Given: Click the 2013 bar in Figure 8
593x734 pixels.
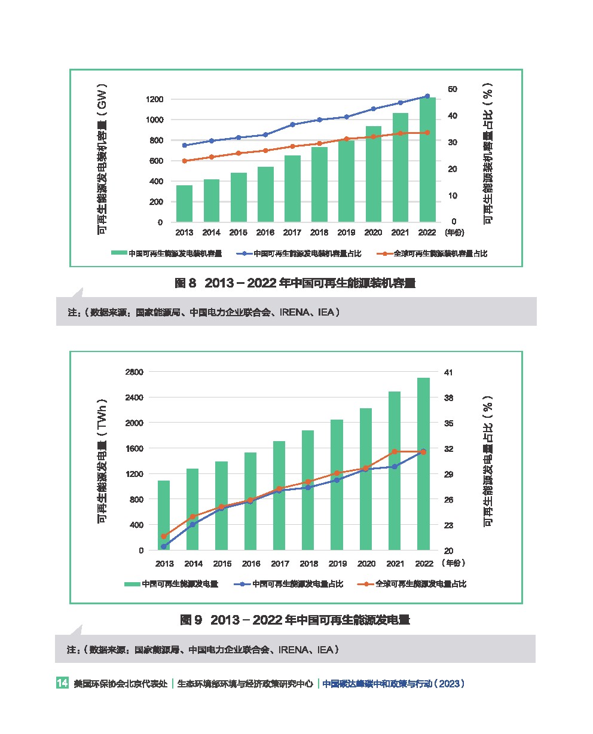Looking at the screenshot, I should click(x=184, y=204).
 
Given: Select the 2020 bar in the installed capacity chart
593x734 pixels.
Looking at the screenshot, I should click(x=374, y=174).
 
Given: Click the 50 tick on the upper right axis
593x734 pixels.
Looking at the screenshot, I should click(x=453, y=89).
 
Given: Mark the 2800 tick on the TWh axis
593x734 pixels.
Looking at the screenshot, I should click(x=135, y=372).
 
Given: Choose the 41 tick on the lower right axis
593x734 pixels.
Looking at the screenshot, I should click(x=448, y=372).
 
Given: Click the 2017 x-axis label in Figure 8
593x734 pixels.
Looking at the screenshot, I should click(x=292, y=233).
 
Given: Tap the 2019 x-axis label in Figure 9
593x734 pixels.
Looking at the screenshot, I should click(x=338, y=564).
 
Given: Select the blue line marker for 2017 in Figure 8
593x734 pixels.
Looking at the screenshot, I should click(x=292, y=124).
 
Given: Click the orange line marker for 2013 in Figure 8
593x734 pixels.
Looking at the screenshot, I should click(x=184, y=161).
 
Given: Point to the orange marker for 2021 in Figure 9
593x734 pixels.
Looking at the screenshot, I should click(x=395, y=451).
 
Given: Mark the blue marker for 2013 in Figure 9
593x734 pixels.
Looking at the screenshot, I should click(x=164, y=546).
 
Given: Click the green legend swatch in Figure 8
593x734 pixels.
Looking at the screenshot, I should click(x=119, y=253).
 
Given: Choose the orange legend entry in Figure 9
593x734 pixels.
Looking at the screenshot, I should click(x=412, y=584).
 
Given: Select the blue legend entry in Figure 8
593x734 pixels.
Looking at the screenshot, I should click(x=299, y=253).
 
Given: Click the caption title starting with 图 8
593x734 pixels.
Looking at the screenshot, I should click(x=295, y=283).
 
